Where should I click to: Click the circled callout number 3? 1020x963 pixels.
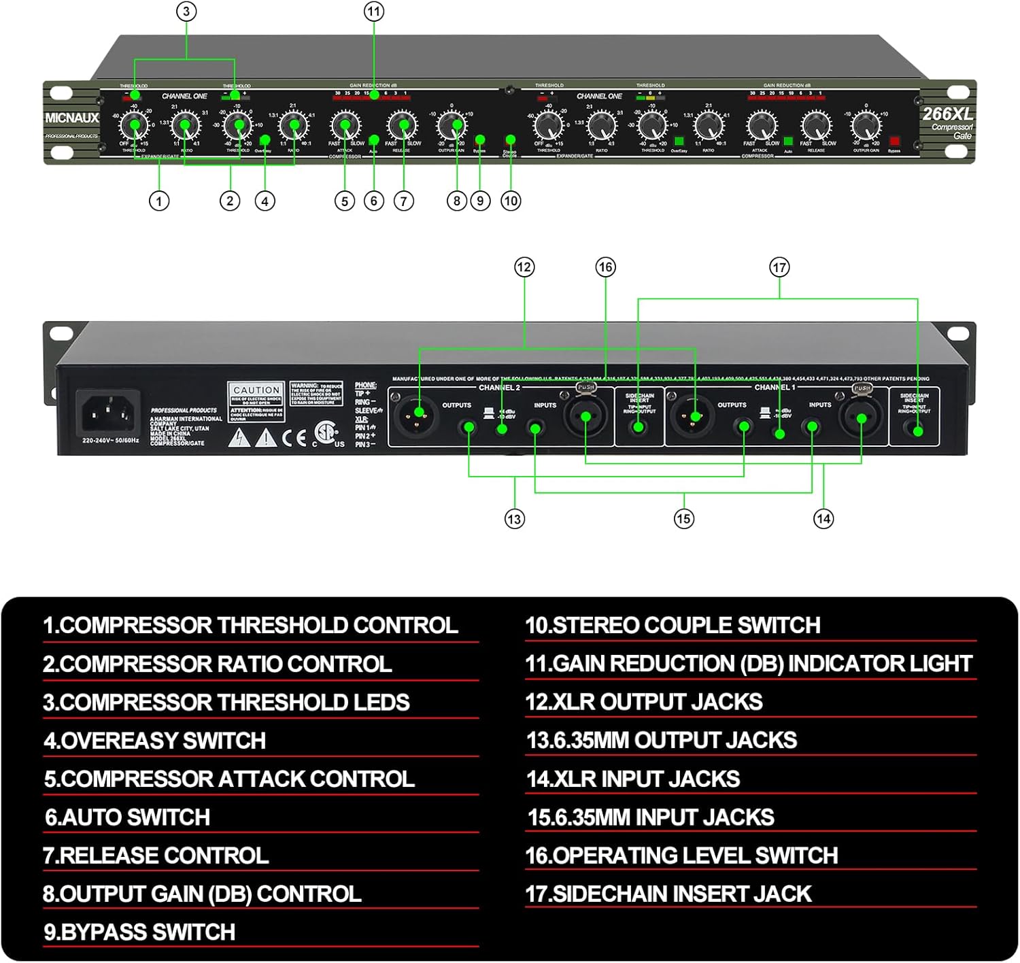pyautogui.click(x=186, y=12)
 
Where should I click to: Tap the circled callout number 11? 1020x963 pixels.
pyautogui.click(x=373, y=12)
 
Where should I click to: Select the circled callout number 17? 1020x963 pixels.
pyautogui.click(x=779, y=267)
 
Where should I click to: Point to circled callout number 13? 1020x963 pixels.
pyautogui.click(x=514, y=519)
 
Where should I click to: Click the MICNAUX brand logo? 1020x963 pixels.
pyautogui.click(x=72, y=118)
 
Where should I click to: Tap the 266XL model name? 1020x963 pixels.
pyautogui.click(x=947, y=114)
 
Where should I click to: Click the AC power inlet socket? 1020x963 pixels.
pyautogui.click(x=108, y=412)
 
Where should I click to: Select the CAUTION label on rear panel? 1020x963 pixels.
pyautogui.click(x=256, y=390)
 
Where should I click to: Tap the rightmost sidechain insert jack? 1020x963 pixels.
pyautogui.click(x=917, y=430)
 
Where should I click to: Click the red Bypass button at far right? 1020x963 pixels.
pyautogui.click(x=894, y=141)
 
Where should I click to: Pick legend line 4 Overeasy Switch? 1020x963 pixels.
pyautogui.click(x=155, y=741)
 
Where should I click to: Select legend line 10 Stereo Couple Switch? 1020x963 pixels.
pyautogui.click(x=673, y=626)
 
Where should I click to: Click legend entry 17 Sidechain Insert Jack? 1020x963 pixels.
pyautogui.click(x=668, y=894)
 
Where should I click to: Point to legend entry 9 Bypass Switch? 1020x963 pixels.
pyautogui.click(x=139, y=932)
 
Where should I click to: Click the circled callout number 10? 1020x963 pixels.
pyautogui.click(x=511, y=201)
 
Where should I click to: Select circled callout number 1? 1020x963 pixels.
pyautogui.click(x=159, y=201)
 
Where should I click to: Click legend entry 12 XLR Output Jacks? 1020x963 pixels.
pyautogui.click(x=643, y=702)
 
